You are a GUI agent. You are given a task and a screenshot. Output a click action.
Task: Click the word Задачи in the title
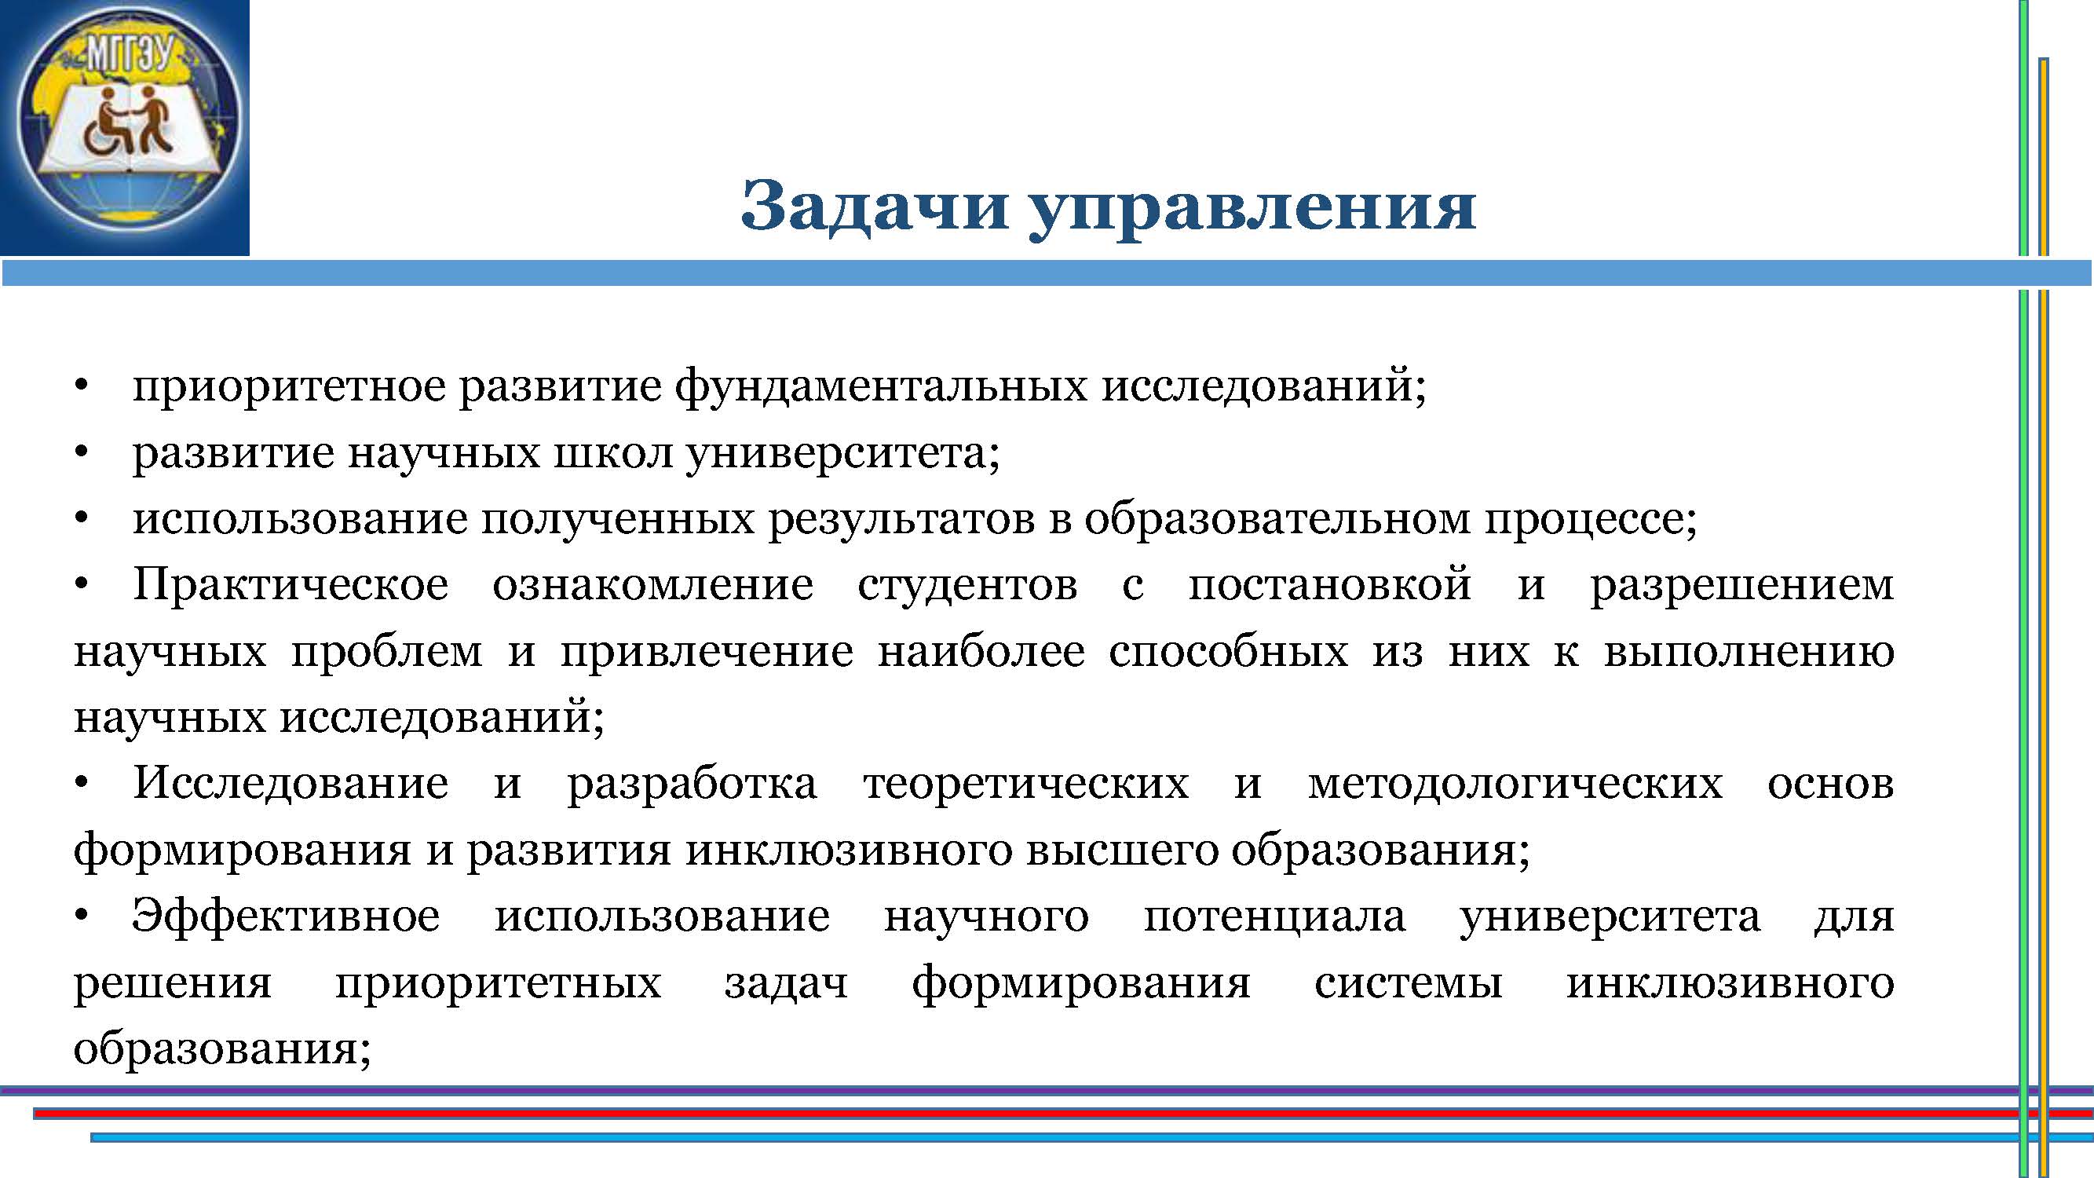coord(875,207)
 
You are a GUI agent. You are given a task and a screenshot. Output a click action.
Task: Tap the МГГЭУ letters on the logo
coord(130,54)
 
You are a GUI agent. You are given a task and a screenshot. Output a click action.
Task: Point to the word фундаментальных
coord(880,386)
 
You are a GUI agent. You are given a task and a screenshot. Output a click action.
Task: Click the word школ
coord(613,452)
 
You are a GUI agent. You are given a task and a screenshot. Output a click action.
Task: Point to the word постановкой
coord(1330,584)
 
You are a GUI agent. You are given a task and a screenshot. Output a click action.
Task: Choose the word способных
coord(1228,651)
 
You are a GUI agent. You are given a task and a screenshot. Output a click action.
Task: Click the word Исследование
coord(291,784)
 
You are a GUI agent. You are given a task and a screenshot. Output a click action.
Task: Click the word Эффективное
coord(285,917)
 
